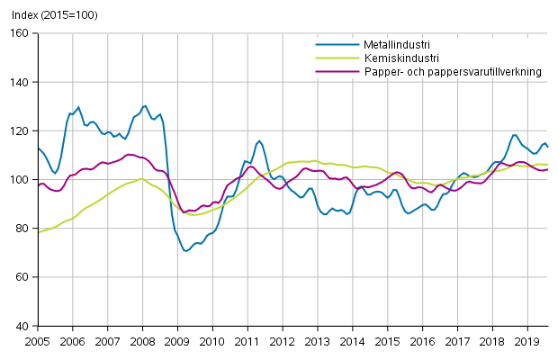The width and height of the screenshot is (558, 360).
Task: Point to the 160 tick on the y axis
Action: coord(20,33)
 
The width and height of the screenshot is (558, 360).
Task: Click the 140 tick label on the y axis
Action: coord(20,82)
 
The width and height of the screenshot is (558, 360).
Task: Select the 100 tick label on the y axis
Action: coord(20,180)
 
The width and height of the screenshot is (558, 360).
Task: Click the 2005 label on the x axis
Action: coord(37,341)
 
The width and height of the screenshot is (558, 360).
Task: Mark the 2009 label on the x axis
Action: coord(176,341)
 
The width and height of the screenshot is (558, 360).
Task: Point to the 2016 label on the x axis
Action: coord(421,341)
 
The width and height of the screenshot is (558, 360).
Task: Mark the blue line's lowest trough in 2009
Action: coord(186,251)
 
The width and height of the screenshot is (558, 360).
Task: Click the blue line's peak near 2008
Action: coord(144,105)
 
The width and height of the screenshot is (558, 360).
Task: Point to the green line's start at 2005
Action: coord(39,232)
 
